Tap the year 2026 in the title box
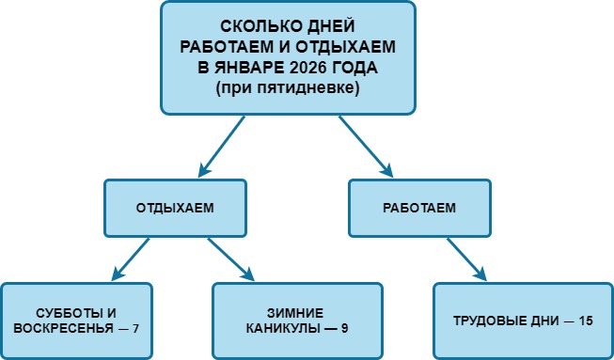tap(311, 69)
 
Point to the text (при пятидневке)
tap(288, 87)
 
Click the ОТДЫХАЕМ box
tap(174, 208)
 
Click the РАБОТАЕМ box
tap(419, 208)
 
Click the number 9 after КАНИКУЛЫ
tap(346, 328)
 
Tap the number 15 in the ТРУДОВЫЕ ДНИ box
tap(586, 320)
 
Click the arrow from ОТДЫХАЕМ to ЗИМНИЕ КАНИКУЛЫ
tap(231, 258)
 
